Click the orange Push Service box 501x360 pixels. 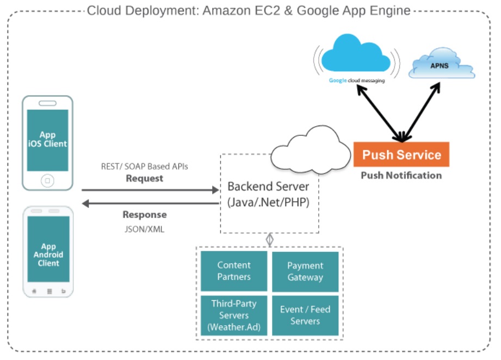401,154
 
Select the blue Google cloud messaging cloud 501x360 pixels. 357,54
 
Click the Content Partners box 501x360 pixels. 234,271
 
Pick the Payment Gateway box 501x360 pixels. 305,271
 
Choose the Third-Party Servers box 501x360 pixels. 234,315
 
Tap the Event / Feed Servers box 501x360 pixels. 305,315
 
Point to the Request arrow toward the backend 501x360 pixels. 150,190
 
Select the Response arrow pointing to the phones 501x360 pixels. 150,203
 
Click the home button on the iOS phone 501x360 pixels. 47,180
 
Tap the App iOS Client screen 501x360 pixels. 47,140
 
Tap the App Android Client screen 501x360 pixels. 48,255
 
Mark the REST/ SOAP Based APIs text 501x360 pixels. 145,166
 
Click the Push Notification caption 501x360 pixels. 401,176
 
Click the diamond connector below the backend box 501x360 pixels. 269,239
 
